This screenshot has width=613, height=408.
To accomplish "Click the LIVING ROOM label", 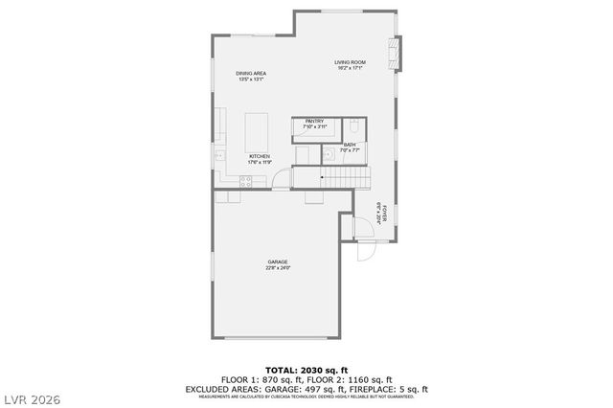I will [351, 62].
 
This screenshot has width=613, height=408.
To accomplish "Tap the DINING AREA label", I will [251, 73].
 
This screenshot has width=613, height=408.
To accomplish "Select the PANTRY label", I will [315, 121].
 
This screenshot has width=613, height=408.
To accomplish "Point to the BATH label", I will [350, 145].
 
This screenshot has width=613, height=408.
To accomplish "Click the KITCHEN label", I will [260, 156].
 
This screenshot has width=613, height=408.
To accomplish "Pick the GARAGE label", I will [278, 261].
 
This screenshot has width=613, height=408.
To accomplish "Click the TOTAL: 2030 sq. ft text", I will [306, 369].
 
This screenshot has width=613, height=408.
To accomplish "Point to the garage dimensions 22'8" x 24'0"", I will [278, 268].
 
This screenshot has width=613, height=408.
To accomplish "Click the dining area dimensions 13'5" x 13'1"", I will [251, 79].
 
